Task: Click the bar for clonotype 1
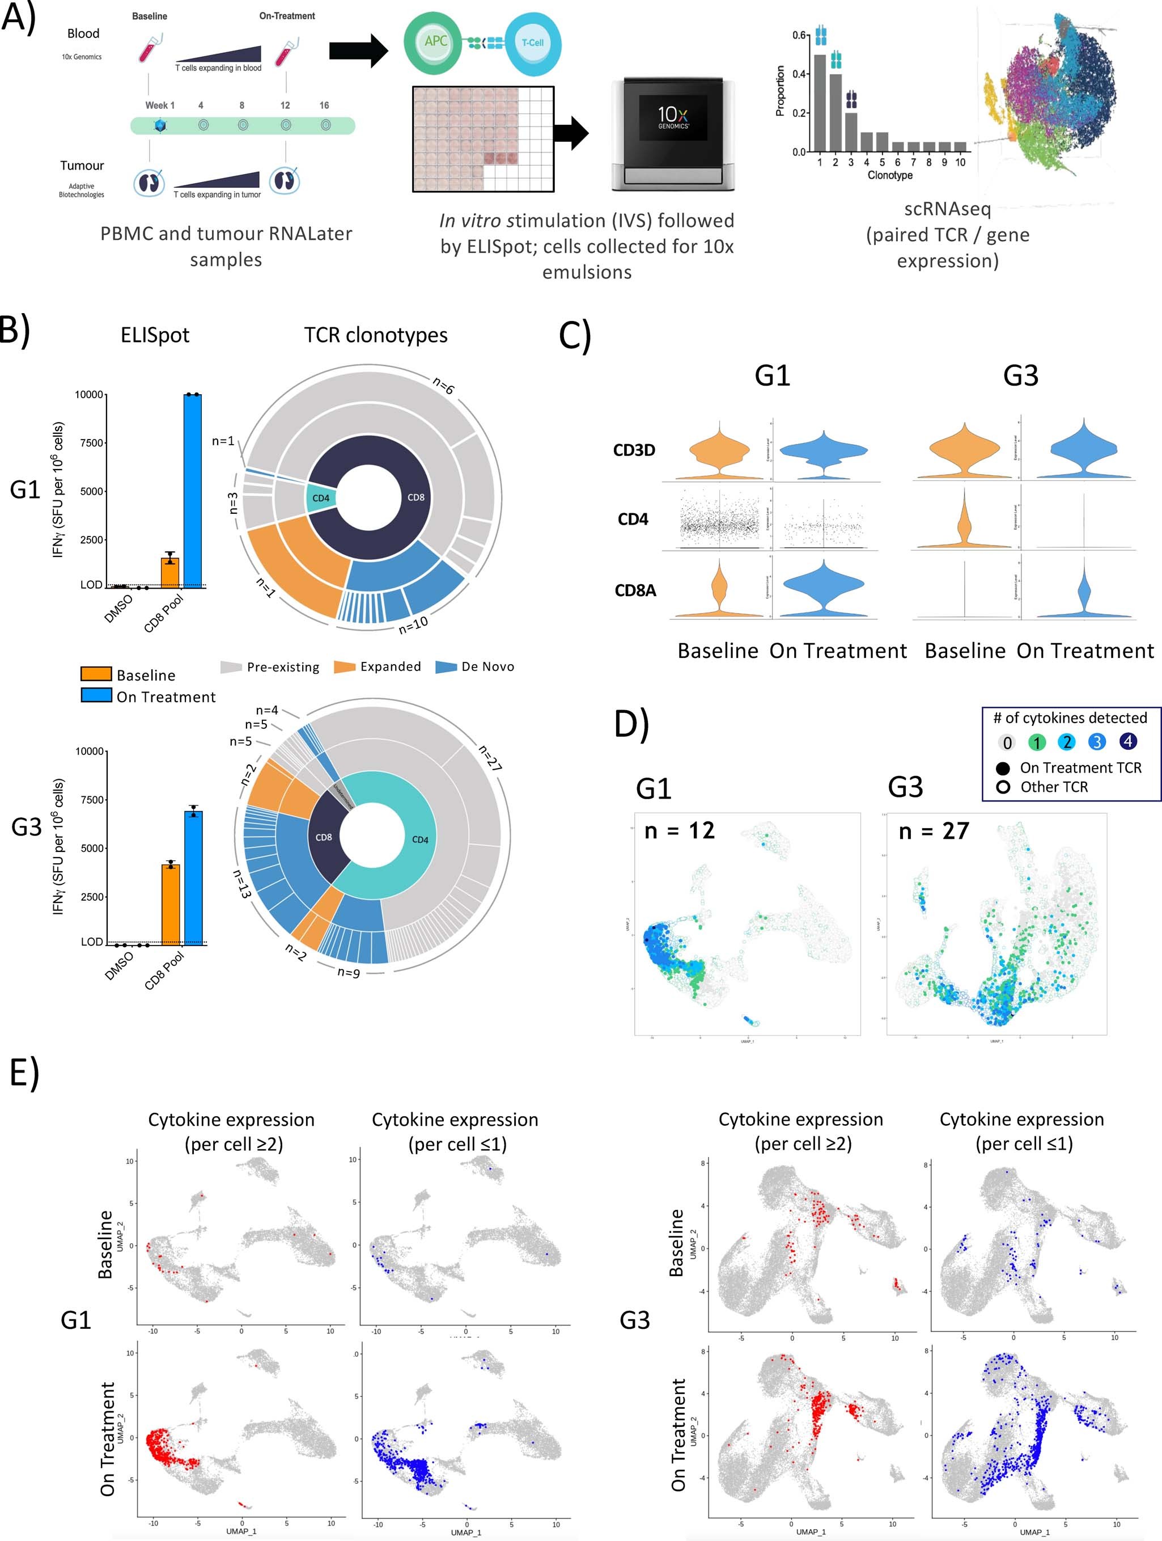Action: point(820,103)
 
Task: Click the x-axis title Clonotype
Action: point(890,175)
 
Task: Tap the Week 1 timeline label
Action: point(159,105)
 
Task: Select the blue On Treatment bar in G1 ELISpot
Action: point(193,491)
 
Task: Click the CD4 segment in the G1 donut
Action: point(321,498)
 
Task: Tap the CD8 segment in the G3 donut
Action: point(324,837)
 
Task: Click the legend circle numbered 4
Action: point(1127,742)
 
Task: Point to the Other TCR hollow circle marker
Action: point(1003,787)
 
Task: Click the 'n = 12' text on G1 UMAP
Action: point(680,830)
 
